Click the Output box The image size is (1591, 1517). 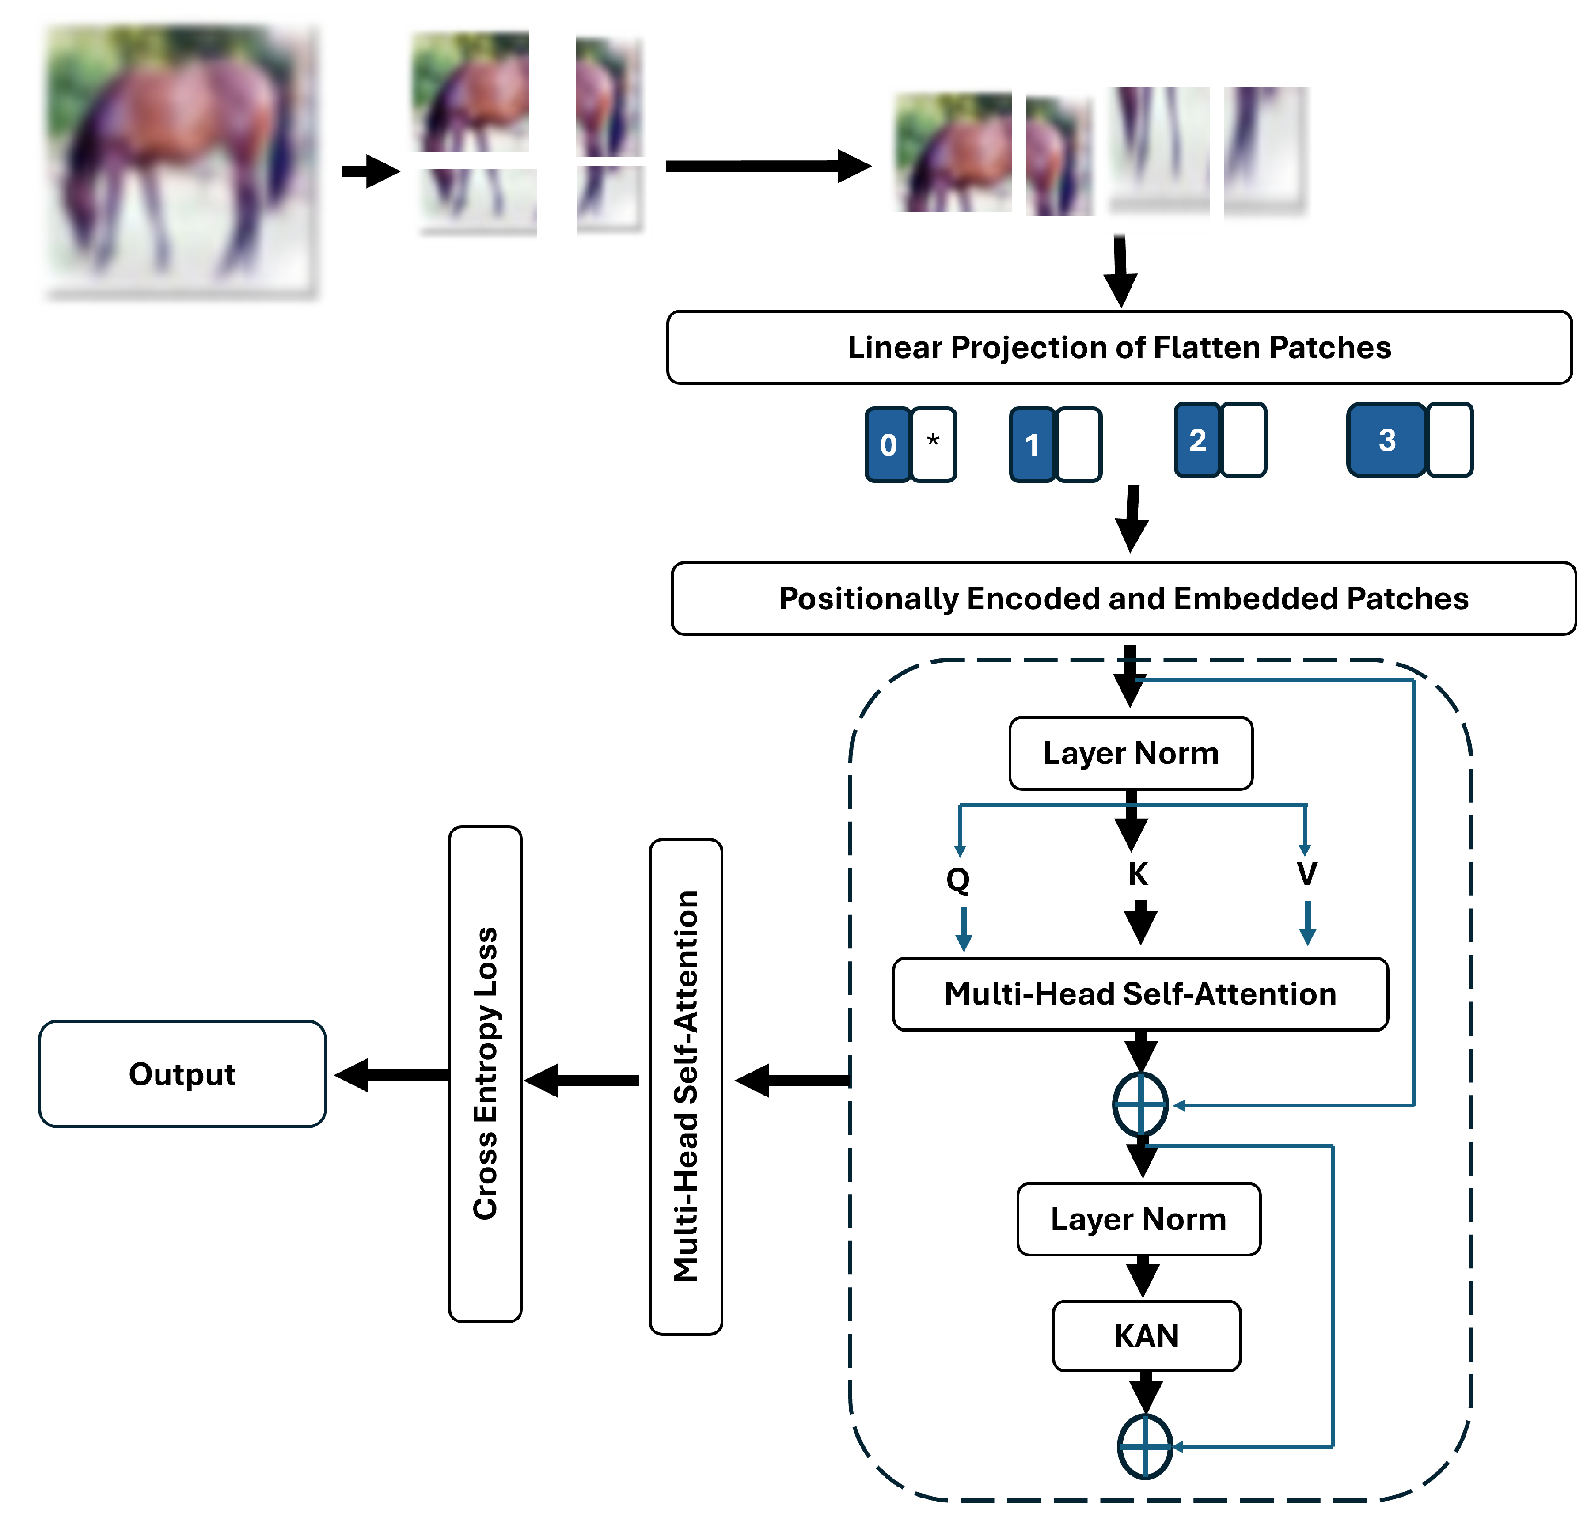point(182,1074)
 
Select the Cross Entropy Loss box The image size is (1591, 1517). point(485,1074)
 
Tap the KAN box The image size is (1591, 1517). point(1146,1336)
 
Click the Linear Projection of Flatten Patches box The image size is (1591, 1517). point(1119,347)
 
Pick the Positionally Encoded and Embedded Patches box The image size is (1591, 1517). point(1124,599)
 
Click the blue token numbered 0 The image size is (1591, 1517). point(888,445)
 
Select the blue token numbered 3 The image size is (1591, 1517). point(1386,440)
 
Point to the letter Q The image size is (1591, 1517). point(958,879)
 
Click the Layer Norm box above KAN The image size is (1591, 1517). point(1138,1219)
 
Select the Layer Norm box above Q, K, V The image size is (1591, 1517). point(1131,753)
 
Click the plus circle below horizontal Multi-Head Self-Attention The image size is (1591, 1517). point(1139,1104)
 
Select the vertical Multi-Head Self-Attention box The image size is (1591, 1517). point(685,1085)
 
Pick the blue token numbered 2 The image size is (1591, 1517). point(1197,440)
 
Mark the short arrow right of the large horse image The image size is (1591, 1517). point(370,171)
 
